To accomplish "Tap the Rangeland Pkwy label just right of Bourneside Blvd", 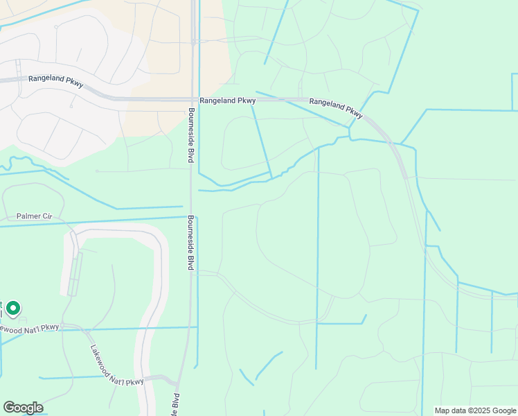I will (x=228, y=101).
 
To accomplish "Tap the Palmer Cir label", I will (x=35, y=216).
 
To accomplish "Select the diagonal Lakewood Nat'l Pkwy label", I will (x=117, y=367).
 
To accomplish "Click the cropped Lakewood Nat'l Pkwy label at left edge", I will (x=30, y=328).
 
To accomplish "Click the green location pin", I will (x=12, y=309).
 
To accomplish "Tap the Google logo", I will (x=23, y=408).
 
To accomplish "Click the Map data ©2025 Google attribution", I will (x=474, y=410).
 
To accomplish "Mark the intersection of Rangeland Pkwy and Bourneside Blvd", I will (x=191, y=100).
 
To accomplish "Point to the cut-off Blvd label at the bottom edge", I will (x=175, y=403).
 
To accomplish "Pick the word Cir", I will (x=47, y=216).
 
